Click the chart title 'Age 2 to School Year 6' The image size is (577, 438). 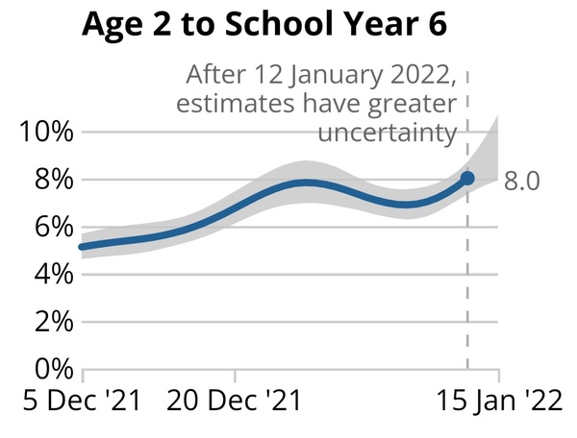click(x=265, y=26)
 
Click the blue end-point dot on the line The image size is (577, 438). click(x=467, y=179)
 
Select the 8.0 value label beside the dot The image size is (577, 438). click(x=521, y=181)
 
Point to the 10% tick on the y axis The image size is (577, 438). click(x=45, y=133)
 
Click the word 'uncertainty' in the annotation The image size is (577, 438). click(x=387, y=132)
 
